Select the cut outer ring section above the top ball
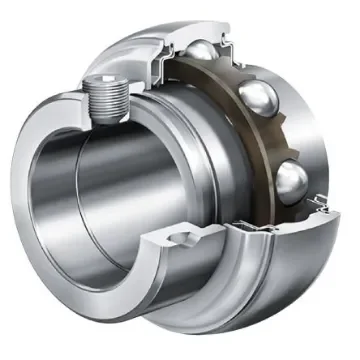click(215, 30)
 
